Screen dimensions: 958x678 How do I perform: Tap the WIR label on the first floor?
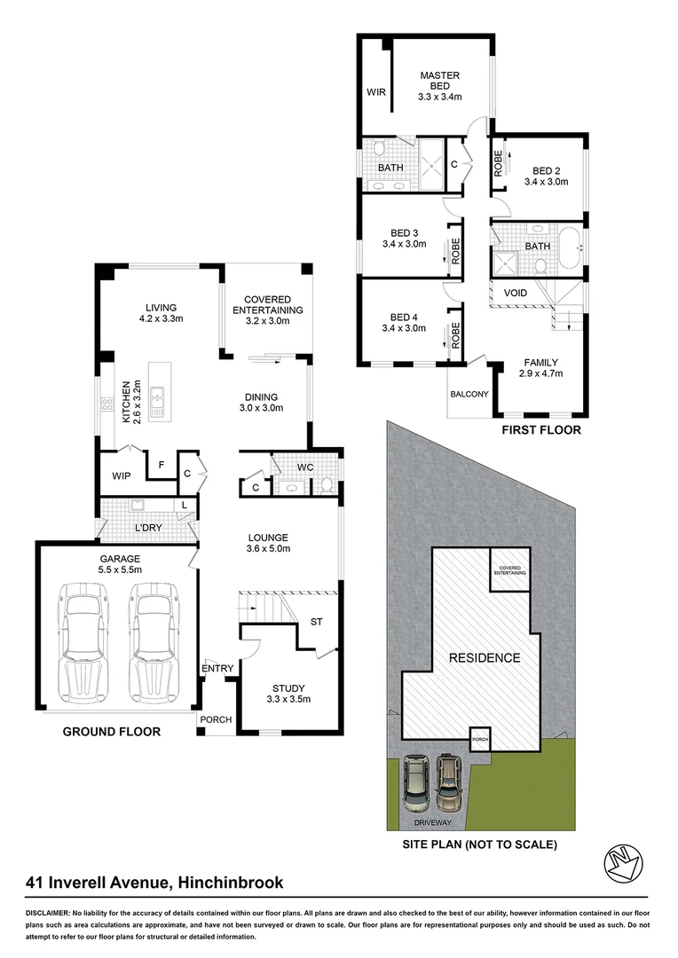coord(374,91)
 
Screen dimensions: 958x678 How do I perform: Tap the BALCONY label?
coord(469,394)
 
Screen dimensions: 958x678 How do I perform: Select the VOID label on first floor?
coord(515,293)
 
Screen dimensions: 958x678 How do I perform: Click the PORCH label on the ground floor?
coord(215,719)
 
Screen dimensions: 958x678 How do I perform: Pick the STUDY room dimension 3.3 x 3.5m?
coord(288,699)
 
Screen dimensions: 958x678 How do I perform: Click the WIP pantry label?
coord(121,476)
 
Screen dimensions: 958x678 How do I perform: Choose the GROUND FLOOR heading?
coord(112,732)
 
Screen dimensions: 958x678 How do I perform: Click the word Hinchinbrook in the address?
coord(232,882)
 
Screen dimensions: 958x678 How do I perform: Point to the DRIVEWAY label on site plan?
coord(438,821)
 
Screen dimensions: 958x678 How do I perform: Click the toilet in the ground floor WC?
coord(325,484)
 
